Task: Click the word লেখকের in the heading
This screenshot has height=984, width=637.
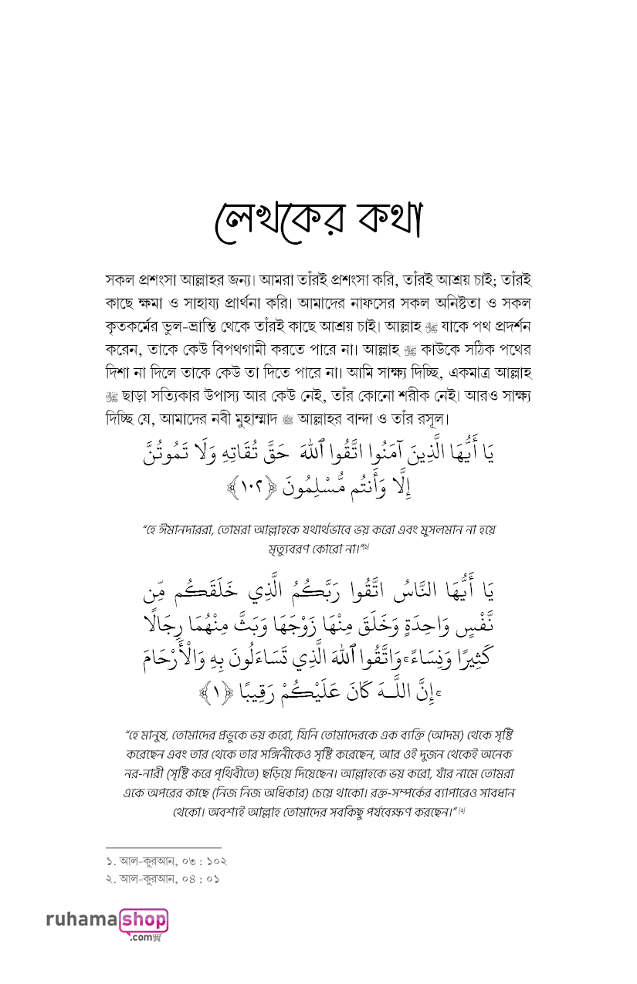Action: [x=269, y=220]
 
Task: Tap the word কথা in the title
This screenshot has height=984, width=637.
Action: [x=385, y=220]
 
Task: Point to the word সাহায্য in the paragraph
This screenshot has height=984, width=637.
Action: [x=225, y=299]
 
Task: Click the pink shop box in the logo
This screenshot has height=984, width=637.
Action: [x=144, y=920]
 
